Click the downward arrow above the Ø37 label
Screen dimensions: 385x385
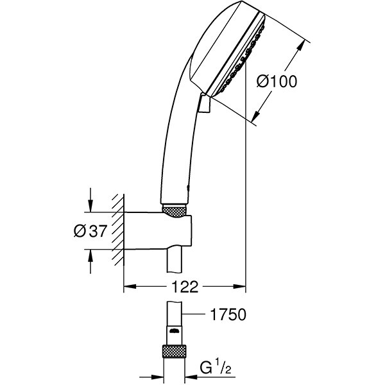(x=90, y=206)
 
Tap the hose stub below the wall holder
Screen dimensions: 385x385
(x=175, y=262)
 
